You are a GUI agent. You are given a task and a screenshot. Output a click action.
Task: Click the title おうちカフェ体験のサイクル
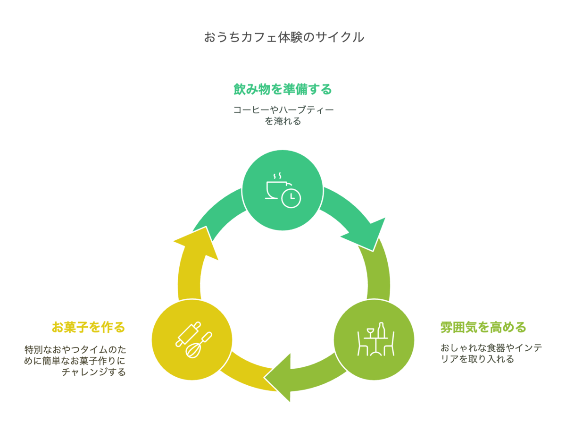(283, 37)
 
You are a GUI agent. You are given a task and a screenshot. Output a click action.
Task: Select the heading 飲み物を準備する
(283, 89)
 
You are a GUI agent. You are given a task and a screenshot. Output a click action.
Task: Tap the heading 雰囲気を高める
(483, 327)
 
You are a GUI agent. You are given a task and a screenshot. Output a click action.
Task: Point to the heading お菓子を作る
(88, 327)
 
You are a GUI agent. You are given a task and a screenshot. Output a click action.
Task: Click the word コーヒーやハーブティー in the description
(283, 110)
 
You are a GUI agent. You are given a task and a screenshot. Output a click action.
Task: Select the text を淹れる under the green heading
(283, 121)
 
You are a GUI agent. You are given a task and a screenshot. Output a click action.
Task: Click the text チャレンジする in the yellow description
(94, 372)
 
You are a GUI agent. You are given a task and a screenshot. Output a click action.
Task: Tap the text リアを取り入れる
(477, 359)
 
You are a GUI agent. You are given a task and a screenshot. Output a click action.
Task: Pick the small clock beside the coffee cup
(291, 198)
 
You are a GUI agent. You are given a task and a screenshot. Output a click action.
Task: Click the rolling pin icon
(188, 334)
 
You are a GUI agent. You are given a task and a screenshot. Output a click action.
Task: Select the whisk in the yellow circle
(199, 345)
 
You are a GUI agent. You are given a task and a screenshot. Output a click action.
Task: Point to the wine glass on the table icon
(370, 333)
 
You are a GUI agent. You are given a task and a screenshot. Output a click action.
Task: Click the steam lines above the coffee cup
(277, 176)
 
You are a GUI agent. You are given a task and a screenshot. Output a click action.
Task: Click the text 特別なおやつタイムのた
(75, 349)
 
